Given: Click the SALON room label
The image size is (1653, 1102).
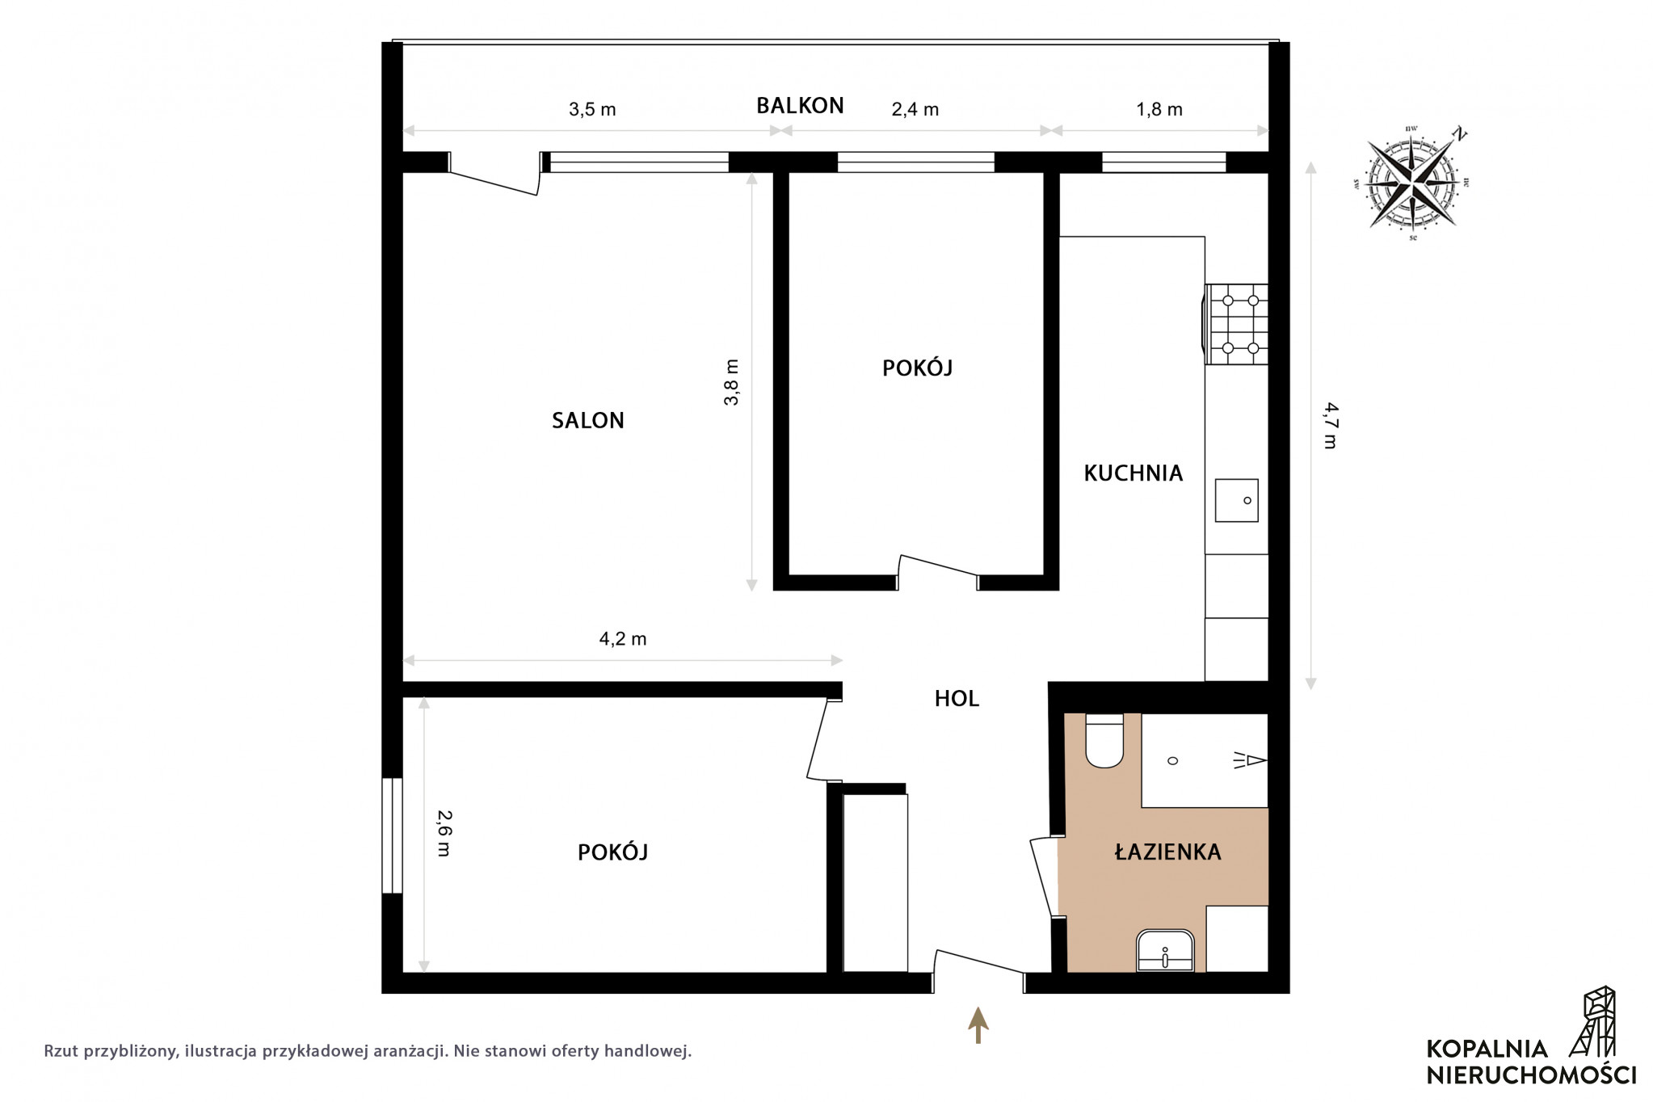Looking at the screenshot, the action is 587,420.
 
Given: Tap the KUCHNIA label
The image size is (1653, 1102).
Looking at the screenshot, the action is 1133,473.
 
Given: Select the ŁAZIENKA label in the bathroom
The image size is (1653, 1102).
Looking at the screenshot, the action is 1167,851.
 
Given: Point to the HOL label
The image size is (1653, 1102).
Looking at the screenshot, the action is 957,699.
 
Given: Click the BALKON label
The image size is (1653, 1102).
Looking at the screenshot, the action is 800,106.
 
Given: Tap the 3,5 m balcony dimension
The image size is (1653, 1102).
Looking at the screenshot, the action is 592,110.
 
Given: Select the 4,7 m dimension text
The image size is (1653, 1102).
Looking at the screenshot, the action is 1329,425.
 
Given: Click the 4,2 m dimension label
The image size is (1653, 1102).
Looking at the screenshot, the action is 623,639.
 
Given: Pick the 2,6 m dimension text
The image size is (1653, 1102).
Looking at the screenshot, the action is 444,833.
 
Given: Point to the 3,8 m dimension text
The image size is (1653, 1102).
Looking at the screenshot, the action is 731,382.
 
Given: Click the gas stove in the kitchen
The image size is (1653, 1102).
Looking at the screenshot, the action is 1236,324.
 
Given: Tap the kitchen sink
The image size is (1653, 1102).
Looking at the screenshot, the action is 1236,499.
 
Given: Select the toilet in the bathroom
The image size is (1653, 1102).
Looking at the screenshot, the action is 1104,740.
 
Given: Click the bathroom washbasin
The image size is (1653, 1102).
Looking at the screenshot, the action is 1165,950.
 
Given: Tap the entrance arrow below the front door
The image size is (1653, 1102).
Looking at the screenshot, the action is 978,1025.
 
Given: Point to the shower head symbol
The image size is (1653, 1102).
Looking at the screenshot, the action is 1250,760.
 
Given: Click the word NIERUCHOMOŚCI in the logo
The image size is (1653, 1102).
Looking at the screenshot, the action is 1531,1075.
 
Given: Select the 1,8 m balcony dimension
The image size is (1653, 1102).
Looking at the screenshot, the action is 1159,110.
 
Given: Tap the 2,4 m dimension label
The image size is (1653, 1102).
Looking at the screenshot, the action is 915,110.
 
